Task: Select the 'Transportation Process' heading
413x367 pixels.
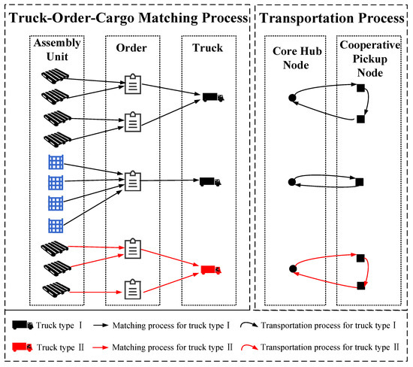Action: [331, 16]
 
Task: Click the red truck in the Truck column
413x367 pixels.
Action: [211, 269]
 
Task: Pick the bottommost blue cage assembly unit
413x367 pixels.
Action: [54, 224]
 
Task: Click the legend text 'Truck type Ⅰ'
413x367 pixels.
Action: [59, 326]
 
